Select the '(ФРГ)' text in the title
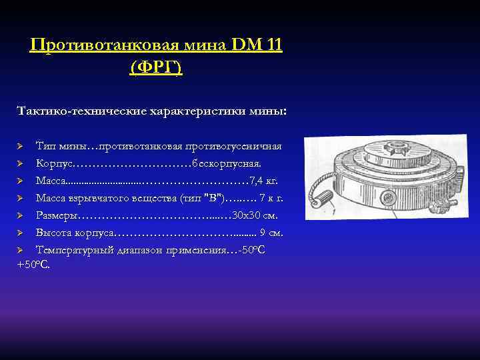point(157,68)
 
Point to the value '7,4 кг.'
point(263,181)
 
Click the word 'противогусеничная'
point(238,146)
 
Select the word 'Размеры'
point(56,215)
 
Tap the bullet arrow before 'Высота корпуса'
point(21,233)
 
